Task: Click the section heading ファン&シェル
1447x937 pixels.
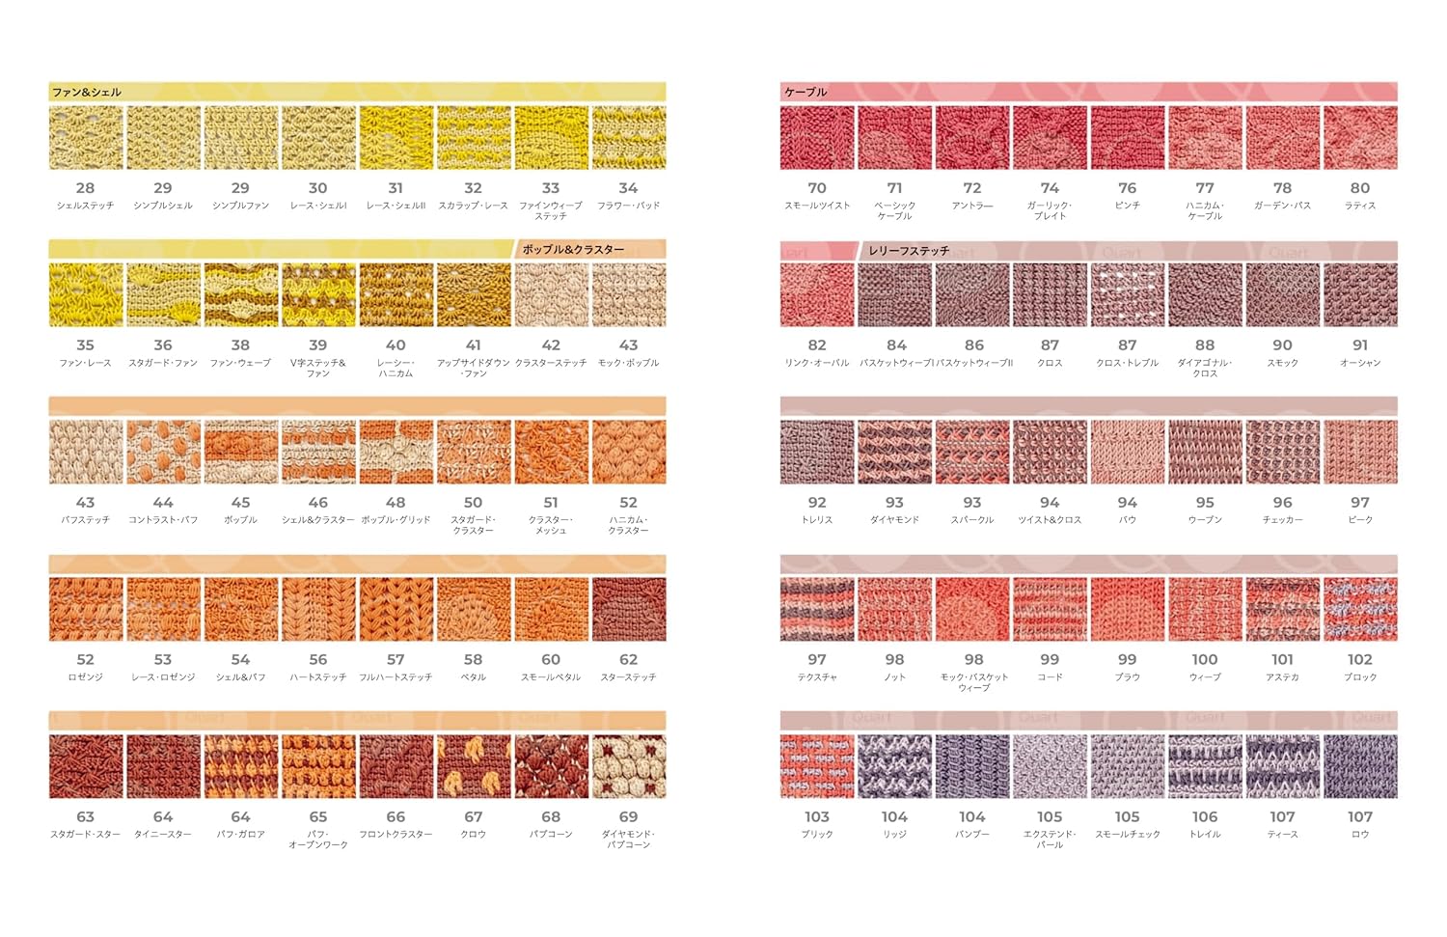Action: (87, 93)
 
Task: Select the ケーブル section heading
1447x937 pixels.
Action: (805, 93)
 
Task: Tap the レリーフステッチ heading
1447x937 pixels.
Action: (909, 251)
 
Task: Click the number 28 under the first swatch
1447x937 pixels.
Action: (85, 188)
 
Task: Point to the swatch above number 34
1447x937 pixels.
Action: (628, 138)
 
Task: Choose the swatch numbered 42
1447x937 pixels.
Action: (551, 294)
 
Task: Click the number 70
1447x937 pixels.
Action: (817, 188)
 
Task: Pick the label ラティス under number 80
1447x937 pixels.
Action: (1360, 206)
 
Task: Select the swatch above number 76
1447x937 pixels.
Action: (1127, 138)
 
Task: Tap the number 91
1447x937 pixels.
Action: (1360, 345)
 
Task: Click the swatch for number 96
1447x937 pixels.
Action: (1282, 452)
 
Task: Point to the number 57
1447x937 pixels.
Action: (396, 660)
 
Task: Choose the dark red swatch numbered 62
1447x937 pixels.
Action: (628, 609)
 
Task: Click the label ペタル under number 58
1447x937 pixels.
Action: (473, 677)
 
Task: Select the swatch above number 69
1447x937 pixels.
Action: (628, 766)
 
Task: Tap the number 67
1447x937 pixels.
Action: (473, 817)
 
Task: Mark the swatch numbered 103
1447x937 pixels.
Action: (817, 766)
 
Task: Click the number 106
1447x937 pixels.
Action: (1205, 817)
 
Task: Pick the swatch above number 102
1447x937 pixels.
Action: (1360, 609)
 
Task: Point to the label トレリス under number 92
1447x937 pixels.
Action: (817, 520)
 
